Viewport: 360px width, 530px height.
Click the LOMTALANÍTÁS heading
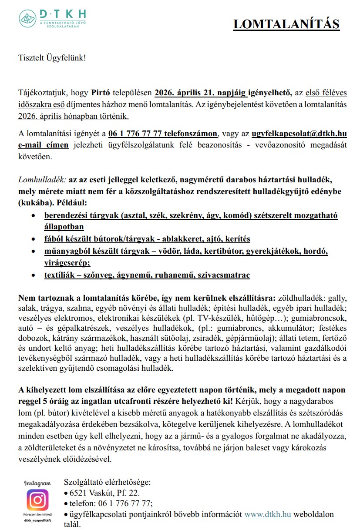[286, 24]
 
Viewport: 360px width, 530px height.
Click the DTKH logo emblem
[27, 18]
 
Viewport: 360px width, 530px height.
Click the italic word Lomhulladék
[42, 179]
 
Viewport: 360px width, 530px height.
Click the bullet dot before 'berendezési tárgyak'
[34, 216]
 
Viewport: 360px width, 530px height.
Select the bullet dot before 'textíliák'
[34, 275]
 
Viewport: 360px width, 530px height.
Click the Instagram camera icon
[37, 500]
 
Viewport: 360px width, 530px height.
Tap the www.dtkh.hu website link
[267, 514]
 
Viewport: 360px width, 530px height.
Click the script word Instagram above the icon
[37, 483]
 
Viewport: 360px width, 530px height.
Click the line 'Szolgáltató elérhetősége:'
[107, 482]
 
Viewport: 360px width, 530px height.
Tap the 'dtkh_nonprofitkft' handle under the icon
[37, 520]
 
